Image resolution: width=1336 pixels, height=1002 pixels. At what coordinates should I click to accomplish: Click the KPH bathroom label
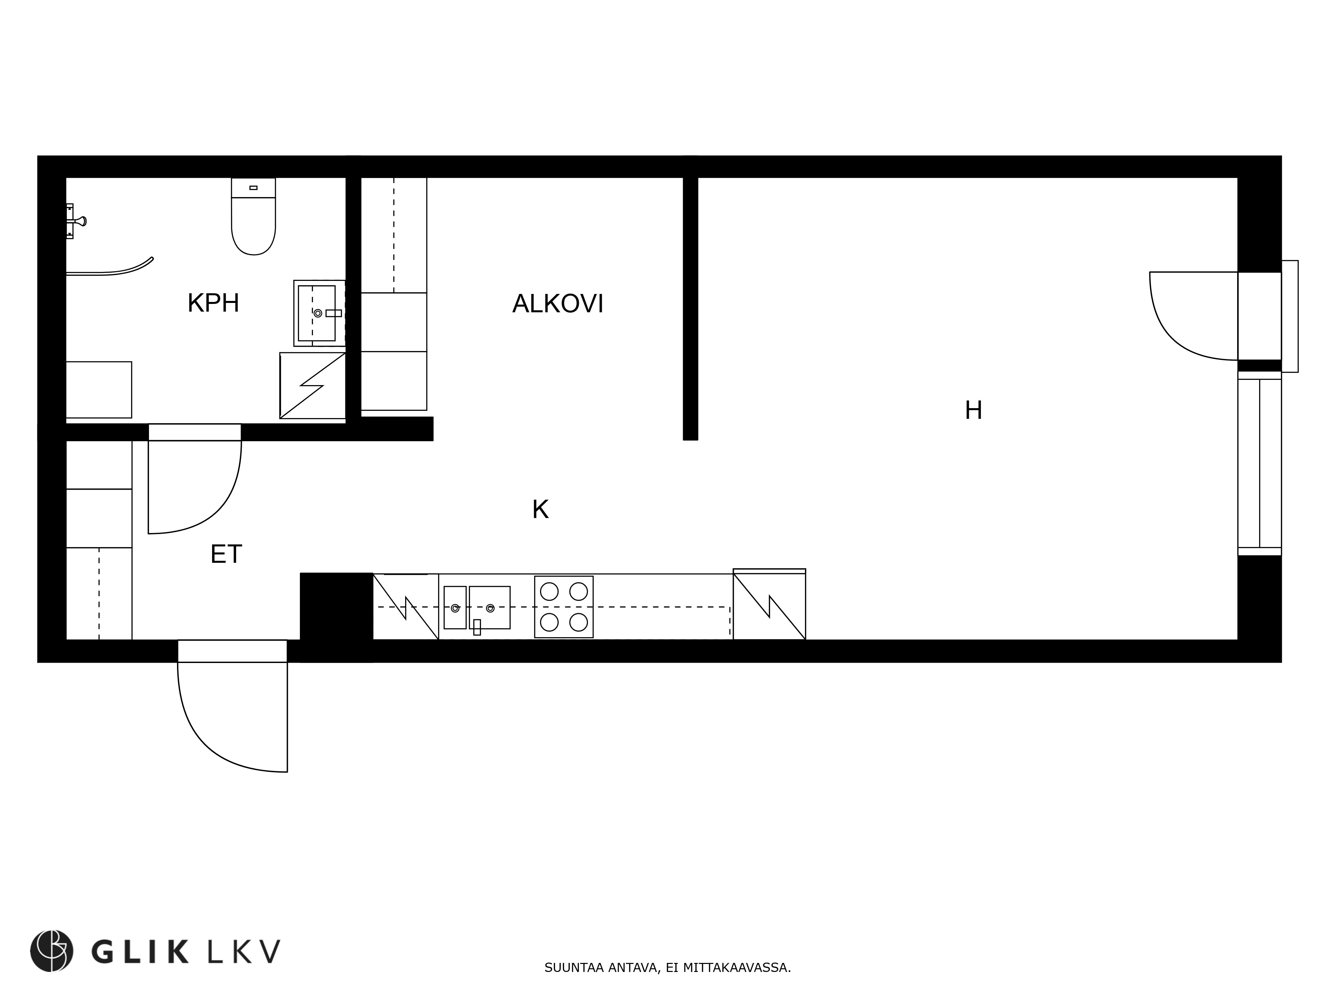213,303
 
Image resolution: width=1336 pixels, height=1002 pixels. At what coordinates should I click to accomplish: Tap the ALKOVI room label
557,304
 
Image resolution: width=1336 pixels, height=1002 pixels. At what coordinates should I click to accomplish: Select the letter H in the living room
973,411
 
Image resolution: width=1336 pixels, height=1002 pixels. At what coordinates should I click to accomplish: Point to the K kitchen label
540,510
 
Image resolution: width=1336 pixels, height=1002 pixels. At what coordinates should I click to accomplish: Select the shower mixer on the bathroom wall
75,221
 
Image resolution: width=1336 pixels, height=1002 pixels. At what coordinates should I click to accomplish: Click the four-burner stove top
563,607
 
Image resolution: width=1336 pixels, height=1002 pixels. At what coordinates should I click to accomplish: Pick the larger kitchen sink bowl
490,608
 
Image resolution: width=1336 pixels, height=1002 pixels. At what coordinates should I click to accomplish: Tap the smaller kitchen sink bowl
455,608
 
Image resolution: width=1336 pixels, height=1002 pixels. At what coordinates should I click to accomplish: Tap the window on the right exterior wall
1259,463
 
